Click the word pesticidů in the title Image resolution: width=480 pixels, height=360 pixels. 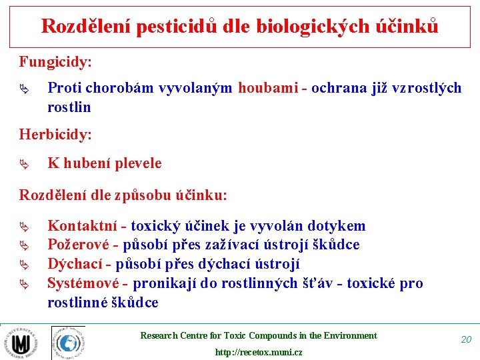coord(170,26)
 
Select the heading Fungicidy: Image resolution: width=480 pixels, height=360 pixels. coord(55,62)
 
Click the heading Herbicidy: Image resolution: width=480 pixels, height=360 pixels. coord(55,134)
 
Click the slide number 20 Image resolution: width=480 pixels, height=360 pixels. coord(466,339)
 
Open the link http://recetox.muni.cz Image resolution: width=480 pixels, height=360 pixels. coord(258,352)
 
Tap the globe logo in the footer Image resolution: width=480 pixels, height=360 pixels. coord(68,343)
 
